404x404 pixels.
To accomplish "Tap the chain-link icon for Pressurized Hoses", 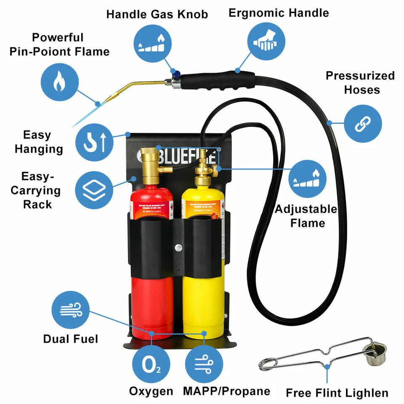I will pos(363,124).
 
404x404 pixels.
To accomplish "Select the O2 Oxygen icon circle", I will pos(151,365).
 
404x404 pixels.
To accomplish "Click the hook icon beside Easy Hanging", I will pos(94,142).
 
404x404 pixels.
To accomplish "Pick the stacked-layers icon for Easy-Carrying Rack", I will pos(94,190).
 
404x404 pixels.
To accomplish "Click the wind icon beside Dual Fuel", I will pos(70,310).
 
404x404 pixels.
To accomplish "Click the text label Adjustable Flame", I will pos(306,215).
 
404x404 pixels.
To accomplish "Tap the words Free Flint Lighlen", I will pos(337,393).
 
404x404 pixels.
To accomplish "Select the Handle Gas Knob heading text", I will pos(157,14).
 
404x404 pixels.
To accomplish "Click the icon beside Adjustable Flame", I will pos(307,179).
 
